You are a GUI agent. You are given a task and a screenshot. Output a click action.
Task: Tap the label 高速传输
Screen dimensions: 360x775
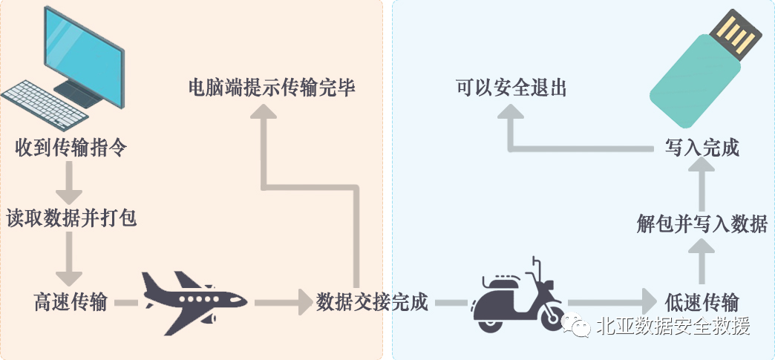tap(71, 302)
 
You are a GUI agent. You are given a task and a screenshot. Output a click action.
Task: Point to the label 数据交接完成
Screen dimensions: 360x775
tap(372, 302)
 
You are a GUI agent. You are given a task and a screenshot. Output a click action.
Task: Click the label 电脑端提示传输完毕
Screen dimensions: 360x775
tap(272, 88)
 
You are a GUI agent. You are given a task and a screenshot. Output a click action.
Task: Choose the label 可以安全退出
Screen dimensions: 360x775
tap(511, 88)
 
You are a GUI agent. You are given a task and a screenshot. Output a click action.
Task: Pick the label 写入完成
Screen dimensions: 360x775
tap(702, 147)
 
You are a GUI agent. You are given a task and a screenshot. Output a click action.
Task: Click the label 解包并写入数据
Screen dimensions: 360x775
tap(702, 223)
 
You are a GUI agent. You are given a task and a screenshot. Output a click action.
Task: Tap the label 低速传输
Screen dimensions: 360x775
tap(702, 302)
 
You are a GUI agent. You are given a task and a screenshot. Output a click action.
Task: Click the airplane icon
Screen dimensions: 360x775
tap(192, 299)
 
